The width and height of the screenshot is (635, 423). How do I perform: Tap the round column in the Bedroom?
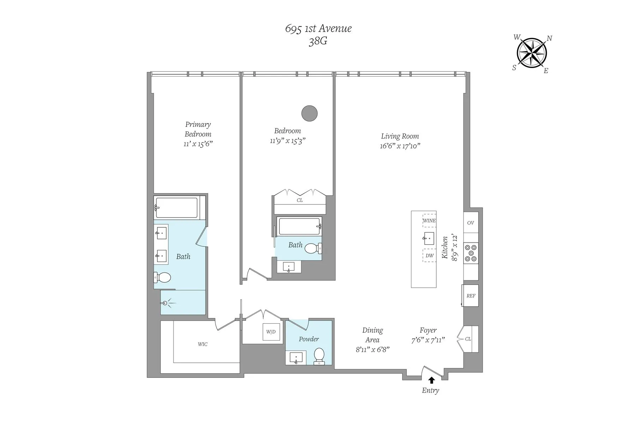[309, 114]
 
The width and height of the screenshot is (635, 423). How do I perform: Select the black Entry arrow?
[431, 380]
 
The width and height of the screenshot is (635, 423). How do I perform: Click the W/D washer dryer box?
[271, 332]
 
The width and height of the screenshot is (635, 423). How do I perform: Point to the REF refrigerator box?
[471, 296]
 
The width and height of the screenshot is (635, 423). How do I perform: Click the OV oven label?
[471, 223]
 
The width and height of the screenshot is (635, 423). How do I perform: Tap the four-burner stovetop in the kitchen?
[471, 253]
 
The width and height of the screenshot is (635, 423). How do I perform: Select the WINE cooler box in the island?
[429, 221]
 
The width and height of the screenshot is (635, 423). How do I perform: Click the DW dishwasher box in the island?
[429, 256]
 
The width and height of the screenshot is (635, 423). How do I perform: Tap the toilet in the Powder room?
[319, 356]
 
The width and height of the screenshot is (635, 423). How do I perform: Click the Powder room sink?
[296, 358]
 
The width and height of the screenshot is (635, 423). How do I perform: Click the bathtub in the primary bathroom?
[176, 208]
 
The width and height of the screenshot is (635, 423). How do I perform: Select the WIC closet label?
[202, 344]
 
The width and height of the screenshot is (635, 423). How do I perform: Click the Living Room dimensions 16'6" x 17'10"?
[400, 146]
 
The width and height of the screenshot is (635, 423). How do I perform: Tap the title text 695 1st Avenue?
[318, 29]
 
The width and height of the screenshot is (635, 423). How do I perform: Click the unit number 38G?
[318, 41]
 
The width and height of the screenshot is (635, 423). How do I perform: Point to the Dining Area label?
[373, 335]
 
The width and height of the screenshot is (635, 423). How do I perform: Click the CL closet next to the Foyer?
[468, 339]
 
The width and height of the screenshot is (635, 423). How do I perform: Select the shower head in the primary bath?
[164, 303]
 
